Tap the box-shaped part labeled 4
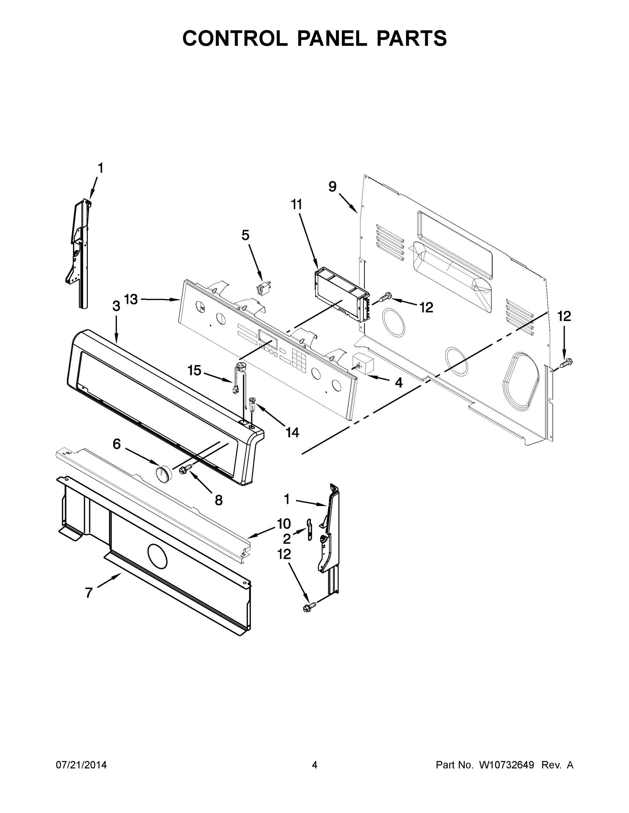pyautogui.click(x=363, y=363)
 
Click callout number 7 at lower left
pyautogui.click(x=89, y=592)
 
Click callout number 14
pyautogui.click(x=292, y=432)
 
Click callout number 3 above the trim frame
pyautogui.click(x=116, y=306)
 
